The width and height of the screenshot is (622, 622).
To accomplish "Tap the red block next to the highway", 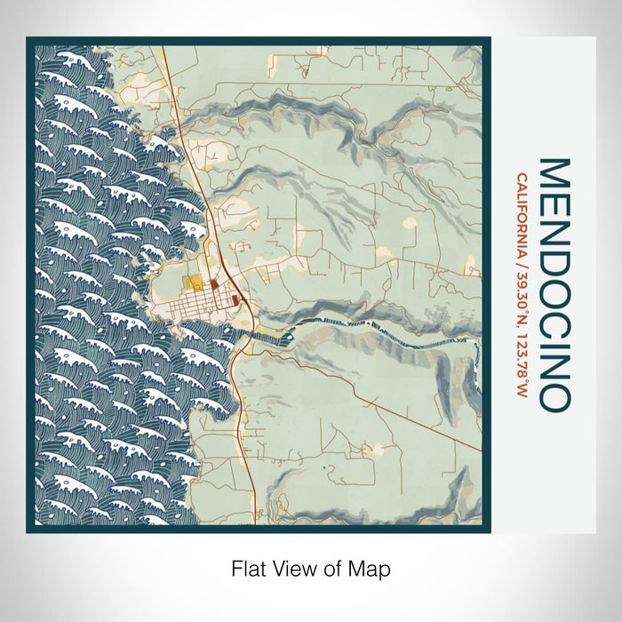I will [235, 300].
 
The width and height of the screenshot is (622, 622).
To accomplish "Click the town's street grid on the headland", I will [191, 307].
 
